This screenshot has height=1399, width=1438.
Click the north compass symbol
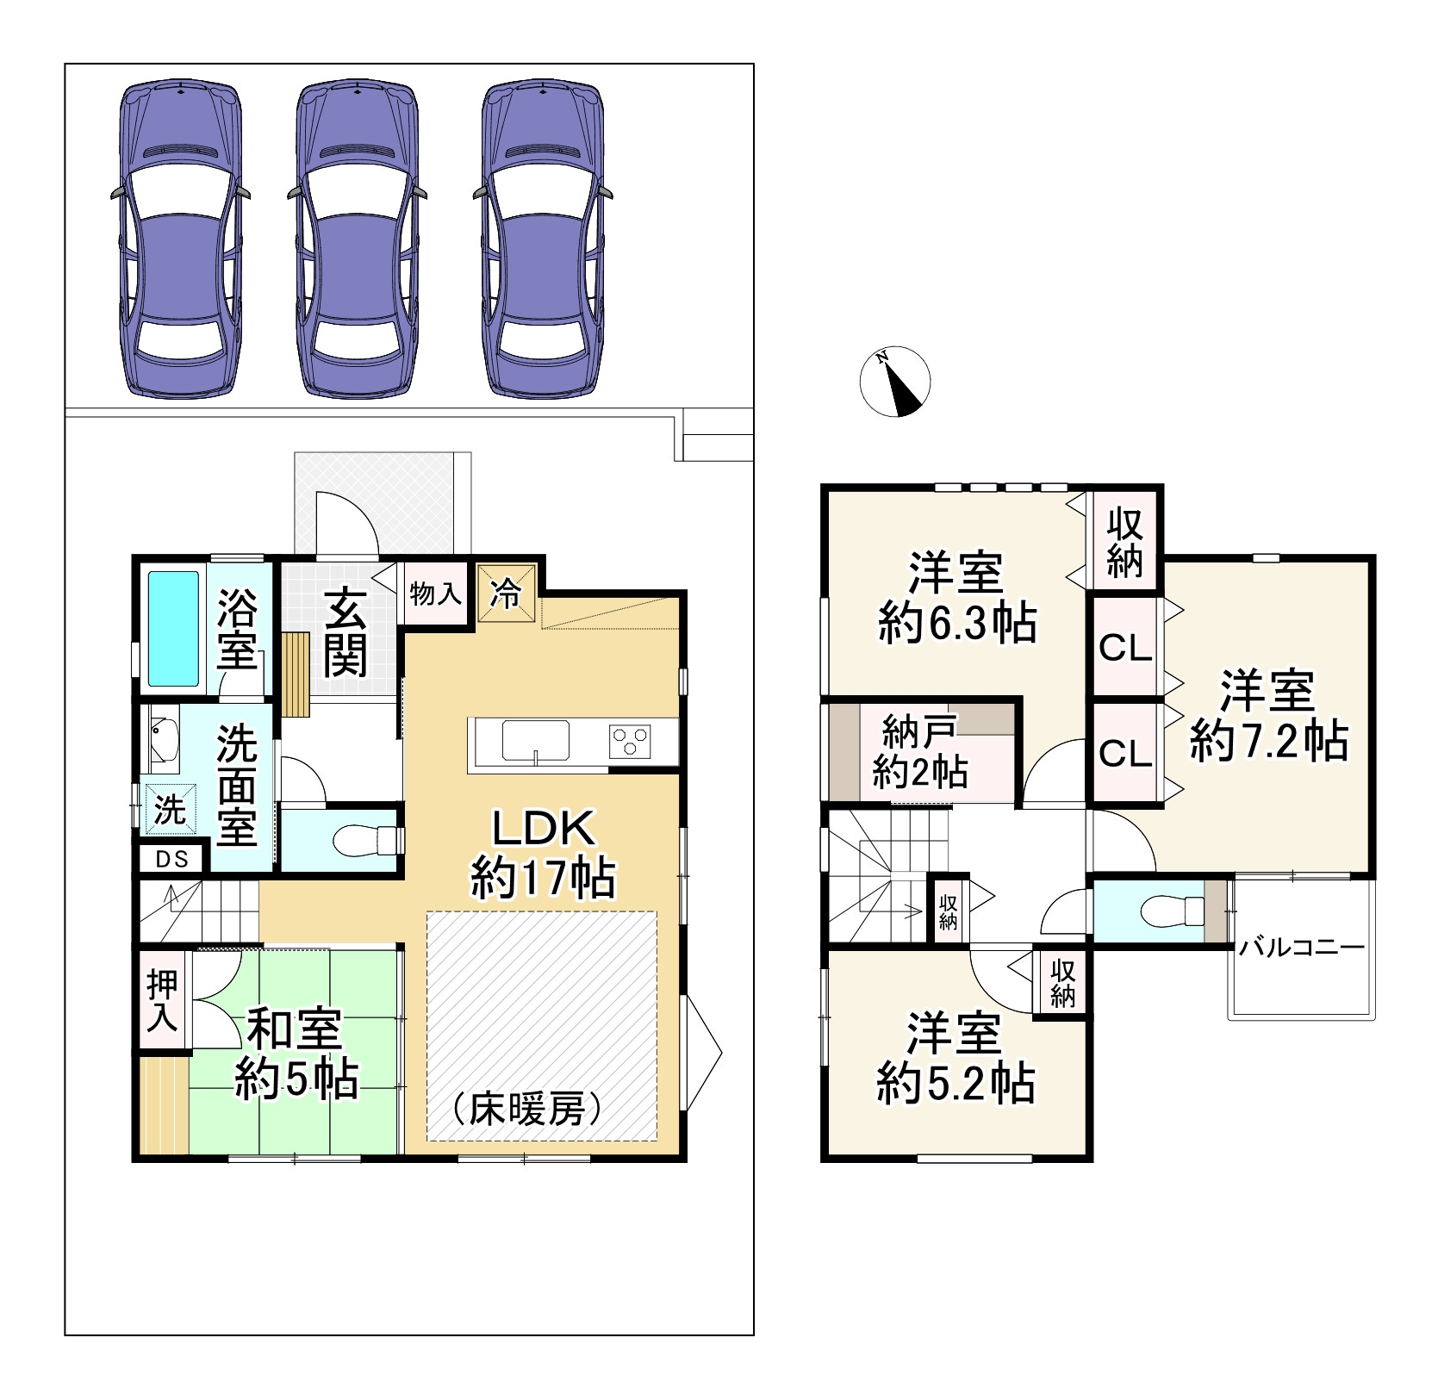895,382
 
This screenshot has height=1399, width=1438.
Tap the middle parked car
358,239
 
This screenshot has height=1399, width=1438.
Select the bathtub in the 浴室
173,629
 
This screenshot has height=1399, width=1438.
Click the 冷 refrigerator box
506,593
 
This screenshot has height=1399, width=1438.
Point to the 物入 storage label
435,594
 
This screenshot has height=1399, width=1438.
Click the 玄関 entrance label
345,631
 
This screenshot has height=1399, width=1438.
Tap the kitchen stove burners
631,742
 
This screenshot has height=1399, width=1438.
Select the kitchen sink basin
535,741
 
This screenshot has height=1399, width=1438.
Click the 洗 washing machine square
168,810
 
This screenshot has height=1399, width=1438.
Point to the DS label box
171,859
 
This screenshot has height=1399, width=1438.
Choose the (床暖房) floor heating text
526,1110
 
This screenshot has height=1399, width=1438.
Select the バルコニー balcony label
1301,949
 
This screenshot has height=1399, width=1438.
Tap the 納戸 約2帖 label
919,750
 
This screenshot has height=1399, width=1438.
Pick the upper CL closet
1125,648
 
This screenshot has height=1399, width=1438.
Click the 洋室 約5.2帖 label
956,1060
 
